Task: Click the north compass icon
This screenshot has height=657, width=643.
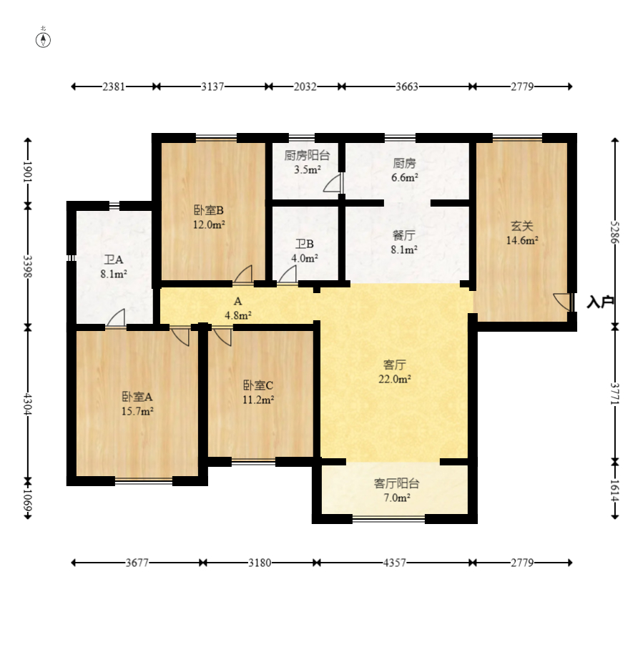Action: [x=43, y=40]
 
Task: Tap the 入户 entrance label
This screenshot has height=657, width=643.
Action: [x=600, y=302]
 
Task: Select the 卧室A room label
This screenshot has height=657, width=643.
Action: [x=137, y=396]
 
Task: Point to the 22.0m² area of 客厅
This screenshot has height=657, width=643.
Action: [x=394, y=379]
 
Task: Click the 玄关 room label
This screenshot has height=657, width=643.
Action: [x=522, y=226]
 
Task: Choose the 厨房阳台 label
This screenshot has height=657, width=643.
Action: [x=307, y=155]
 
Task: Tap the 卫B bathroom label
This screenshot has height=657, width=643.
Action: [x=304, y=244]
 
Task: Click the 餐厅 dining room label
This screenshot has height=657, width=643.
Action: [x=403, y=235]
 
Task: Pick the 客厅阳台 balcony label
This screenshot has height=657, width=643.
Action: [x=396, y=483]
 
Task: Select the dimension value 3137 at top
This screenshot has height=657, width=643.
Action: [x=212, y=87]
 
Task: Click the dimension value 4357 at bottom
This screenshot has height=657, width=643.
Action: [x=394, y=563]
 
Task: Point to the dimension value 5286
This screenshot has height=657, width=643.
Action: [x=615, y=232]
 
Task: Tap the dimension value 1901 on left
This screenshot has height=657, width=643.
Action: [x=28, y=172]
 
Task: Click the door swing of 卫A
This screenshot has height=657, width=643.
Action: [x=117, y=317]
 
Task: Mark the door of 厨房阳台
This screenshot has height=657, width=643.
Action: [x=333, y=184]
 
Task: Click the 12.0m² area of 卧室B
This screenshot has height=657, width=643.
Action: [x=209, y=224]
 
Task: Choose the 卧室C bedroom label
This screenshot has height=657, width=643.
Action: [x=258, y=385]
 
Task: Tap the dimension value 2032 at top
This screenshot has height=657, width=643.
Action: [x=305, y=87]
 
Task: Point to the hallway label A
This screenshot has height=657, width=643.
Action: [x=237, y=301]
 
